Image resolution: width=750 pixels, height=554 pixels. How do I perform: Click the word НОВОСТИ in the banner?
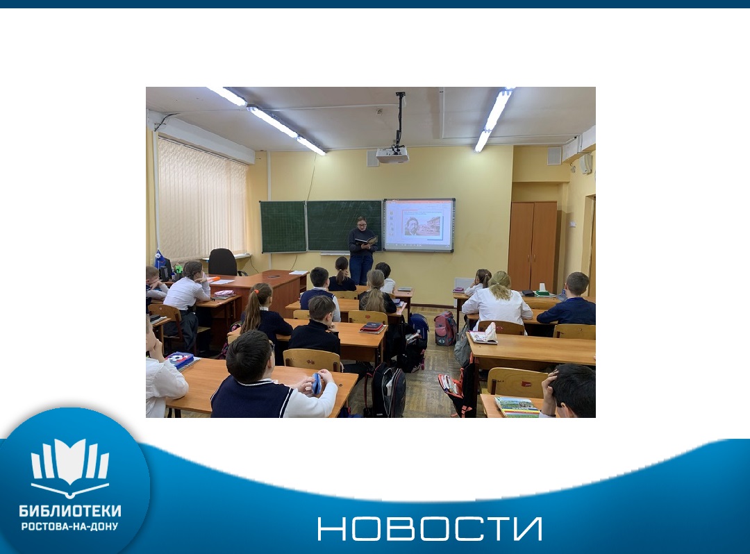click(430, 528)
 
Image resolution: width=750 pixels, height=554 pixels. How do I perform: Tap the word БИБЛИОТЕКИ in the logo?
click(70, 511)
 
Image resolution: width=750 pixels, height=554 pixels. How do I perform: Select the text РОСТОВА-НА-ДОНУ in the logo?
click(70, 527)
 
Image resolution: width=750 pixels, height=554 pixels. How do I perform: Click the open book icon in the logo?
click(70, 466)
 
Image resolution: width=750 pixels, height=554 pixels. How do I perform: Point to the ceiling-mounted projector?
click(392, 154)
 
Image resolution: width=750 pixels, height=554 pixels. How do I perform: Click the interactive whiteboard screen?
click(419, 225)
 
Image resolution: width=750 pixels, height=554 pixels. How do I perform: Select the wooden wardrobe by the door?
click(533, 246)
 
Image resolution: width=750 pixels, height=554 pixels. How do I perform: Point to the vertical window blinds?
click(201, 199)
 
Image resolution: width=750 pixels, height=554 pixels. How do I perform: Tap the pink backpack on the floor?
click(445, 328)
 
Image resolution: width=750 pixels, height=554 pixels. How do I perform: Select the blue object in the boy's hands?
click(317, 383)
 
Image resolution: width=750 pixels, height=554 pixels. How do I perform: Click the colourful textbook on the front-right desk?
click(517, 407)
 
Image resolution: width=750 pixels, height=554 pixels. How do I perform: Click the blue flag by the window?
click(160, 260)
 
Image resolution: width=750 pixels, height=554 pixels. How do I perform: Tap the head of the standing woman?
click(362, 223)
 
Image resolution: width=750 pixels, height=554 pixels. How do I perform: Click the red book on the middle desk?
click(372, 328)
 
